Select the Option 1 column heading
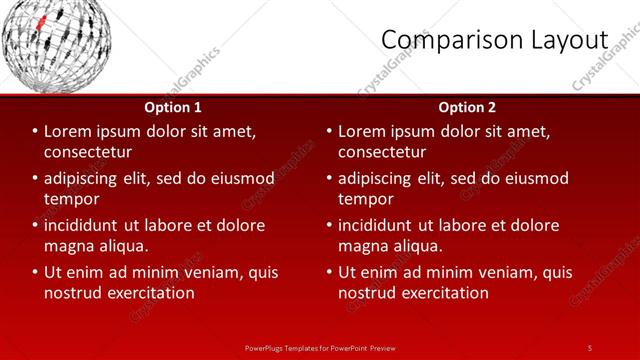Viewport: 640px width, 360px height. (173, 107)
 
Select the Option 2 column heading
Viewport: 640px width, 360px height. (467, 107)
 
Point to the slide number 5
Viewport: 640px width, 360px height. (589, 347)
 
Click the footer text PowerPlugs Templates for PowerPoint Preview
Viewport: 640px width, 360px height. (320, 347)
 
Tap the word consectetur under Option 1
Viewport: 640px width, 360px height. (88, 152)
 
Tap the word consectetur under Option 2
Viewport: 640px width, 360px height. (382, 152)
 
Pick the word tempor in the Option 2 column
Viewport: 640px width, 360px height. (365, 199)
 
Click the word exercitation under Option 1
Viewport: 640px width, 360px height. (147, 293)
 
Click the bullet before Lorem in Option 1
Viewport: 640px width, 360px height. (35, 131)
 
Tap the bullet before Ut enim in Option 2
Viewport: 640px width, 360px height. (329, 272)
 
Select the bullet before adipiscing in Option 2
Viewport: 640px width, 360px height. (329, 178)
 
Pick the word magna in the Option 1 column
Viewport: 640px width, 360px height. (68, 246)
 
